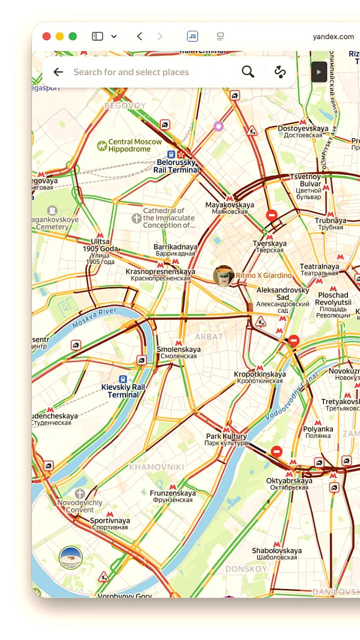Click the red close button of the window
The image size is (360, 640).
(x=46, y=36)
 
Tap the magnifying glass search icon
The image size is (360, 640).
(x=248, y=72)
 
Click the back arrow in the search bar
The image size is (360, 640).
(x=58, y=72)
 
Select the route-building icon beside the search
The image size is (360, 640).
(x=280, y=72)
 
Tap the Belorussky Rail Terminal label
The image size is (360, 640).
(x=176, y=166)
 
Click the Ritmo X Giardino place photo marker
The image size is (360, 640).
(x=223, y=275)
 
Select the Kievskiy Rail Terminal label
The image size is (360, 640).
(x=123, y=391)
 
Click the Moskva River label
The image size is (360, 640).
(x=94, y=318)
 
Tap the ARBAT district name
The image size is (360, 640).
(x=209, y=336)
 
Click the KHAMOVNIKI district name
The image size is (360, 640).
(x=156, y=467)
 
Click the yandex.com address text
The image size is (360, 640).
(x=333, y=36)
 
